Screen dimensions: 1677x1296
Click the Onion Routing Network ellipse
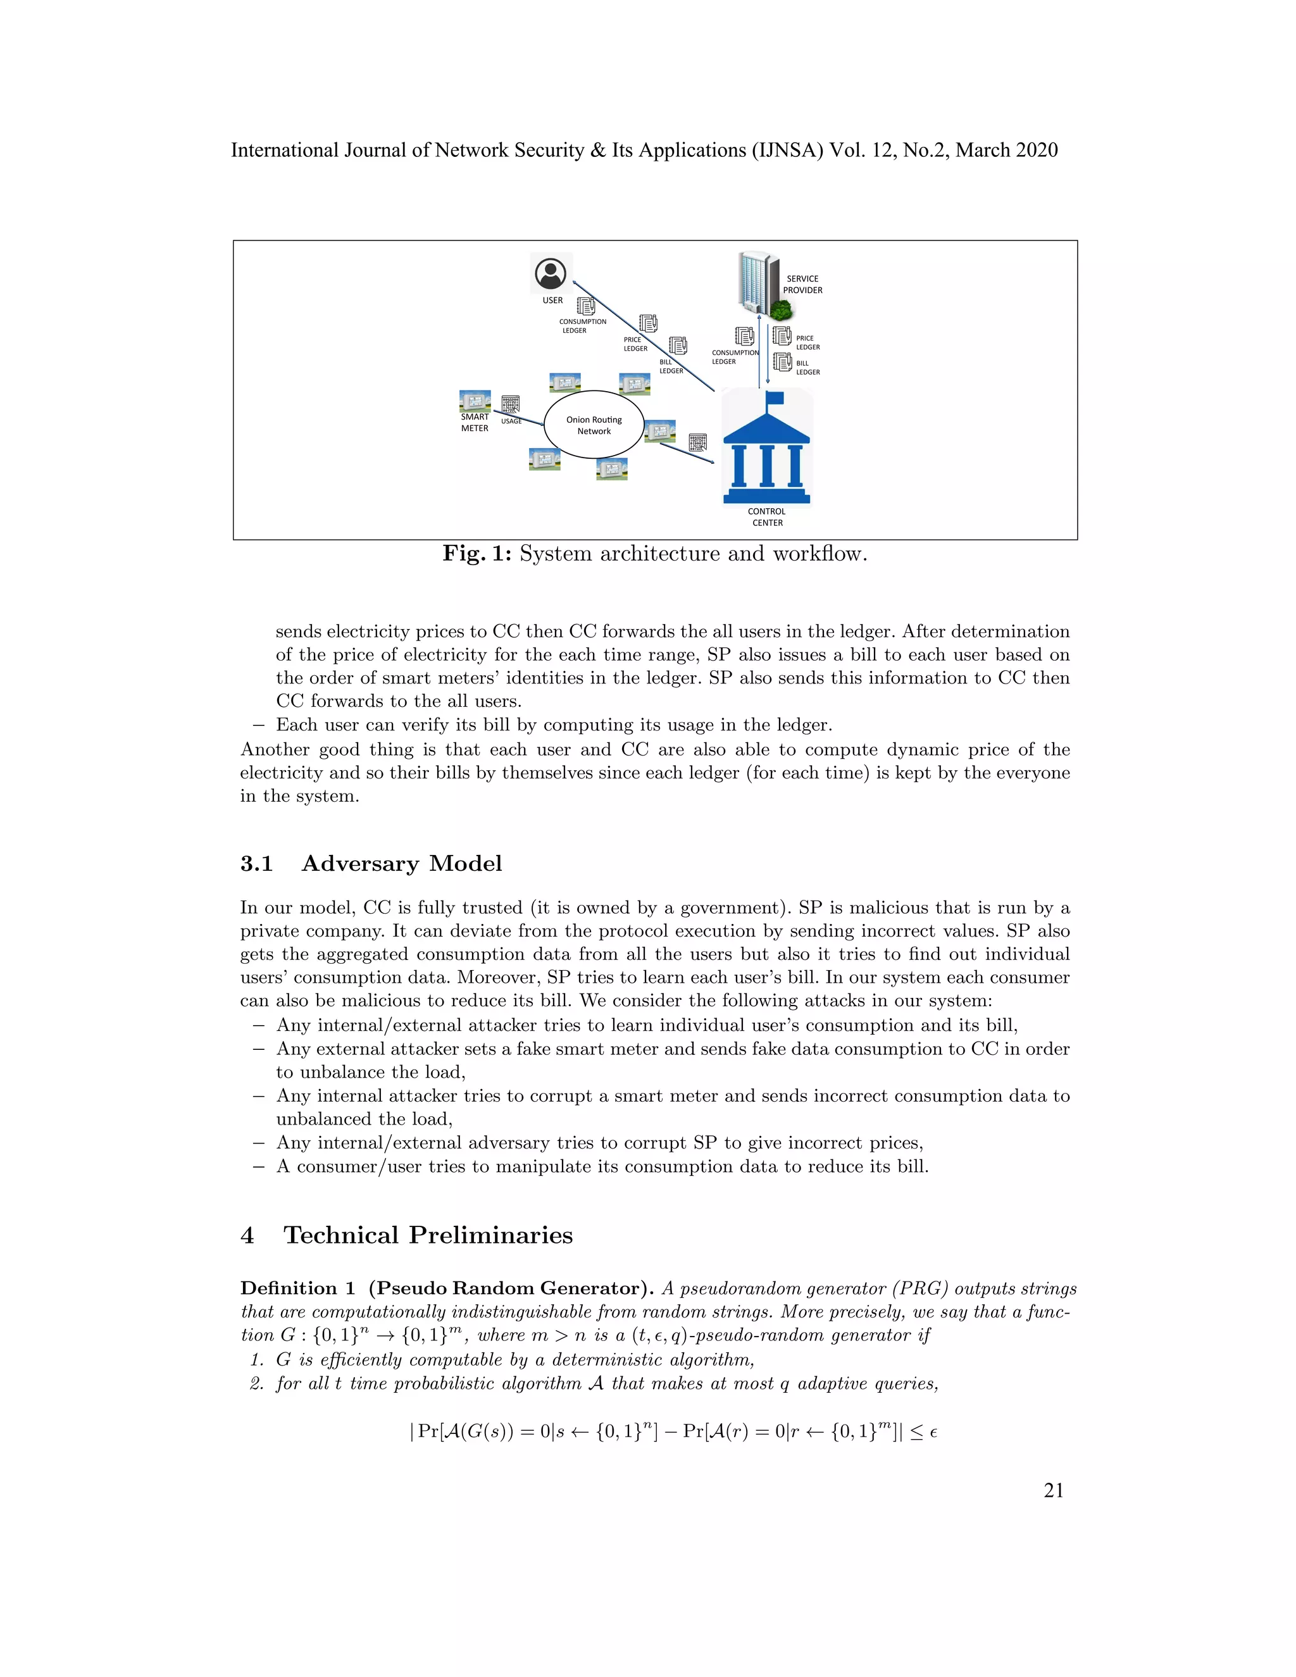tap(594, 425)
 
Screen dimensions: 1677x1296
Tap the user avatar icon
tap(551, 273)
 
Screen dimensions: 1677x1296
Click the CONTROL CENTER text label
tap(767, 517)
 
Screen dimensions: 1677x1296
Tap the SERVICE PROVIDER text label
tap(802, 284)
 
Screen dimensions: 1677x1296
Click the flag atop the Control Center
tap(774, 398)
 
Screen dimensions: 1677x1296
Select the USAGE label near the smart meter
tap(511, 421)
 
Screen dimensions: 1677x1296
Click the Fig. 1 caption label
tap(477, 554)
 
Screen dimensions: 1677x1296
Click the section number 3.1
tap(256, 864)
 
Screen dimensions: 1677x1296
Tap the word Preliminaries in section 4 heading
tap(490, 1235)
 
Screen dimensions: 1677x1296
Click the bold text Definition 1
tap(297, 1288)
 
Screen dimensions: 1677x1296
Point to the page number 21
tap(1054, 1490)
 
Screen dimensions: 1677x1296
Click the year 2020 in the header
tap(1037, 151)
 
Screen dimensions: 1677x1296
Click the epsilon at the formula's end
tap(933, 1431)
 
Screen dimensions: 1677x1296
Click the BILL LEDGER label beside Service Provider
tap(807, 368)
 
